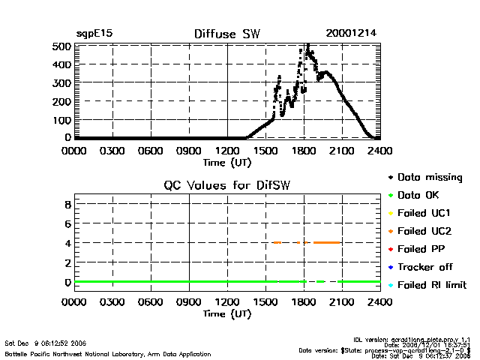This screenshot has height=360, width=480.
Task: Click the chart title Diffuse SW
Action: [x=226, y=34]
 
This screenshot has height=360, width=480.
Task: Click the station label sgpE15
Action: [x=94, y=34]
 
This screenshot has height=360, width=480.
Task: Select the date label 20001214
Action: [x=351, y=34]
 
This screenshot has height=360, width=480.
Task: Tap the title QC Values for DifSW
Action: [x=226, y=186]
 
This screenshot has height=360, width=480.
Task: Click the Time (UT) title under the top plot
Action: [x=226, y=161]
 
